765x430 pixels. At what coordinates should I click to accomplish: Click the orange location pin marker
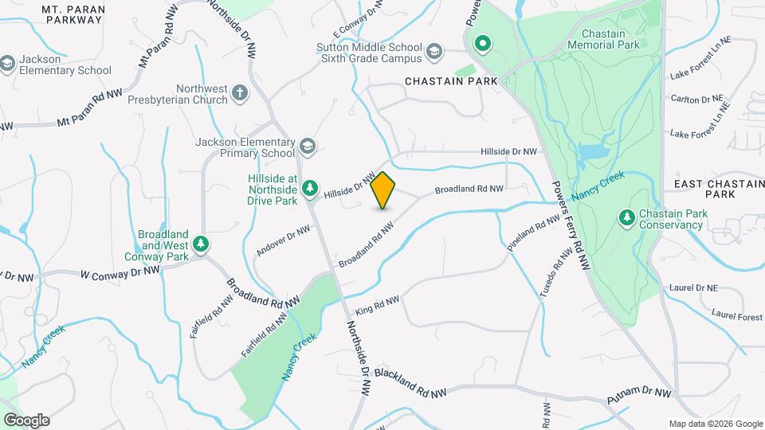click(x=383, y=190)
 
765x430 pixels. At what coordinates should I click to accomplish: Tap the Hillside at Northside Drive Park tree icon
click(x=310, y=189)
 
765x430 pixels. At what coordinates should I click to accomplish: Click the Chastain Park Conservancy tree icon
click(x=627, y=217)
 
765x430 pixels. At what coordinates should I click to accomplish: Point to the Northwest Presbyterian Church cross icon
click(x=239, y=95)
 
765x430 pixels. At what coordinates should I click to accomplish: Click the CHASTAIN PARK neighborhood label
click(x=451, y=81)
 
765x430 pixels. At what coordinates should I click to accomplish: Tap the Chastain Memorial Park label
click(x=610, y=40)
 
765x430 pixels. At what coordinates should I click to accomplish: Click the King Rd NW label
click(x=378, y=303)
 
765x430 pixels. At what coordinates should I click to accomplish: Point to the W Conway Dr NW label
click(x=120, y=272)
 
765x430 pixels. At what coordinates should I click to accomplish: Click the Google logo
click(x=26, y=420)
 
